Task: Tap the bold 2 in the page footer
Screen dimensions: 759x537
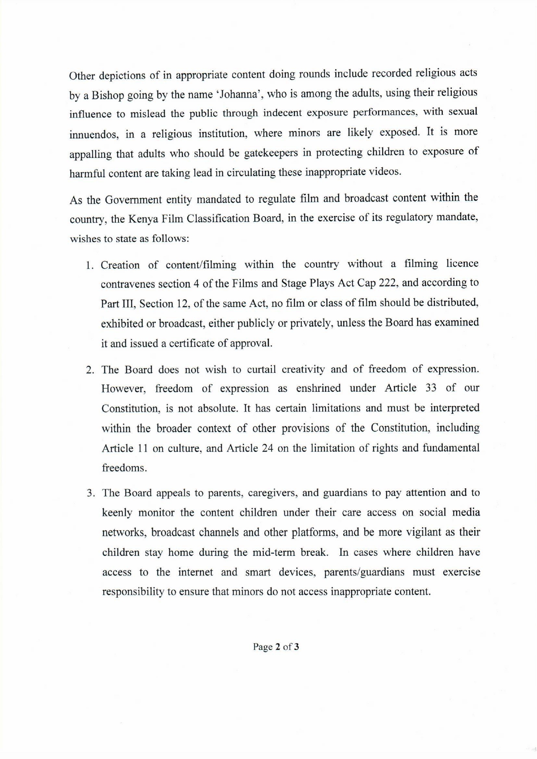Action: point(277,647)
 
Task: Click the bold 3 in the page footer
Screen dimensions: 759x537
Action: point(297,647)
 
